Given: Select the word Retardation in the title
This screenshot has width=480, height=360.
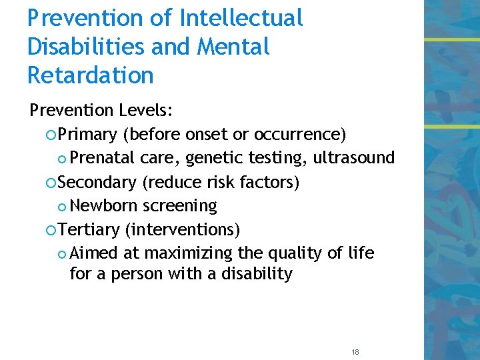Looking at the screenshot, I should tap(91, 75).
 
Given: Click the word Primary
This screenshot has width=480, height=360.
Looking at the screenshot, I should tap(87, 135).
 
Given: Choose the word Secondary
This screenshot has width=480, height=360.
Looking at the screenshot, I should tap(97, 182).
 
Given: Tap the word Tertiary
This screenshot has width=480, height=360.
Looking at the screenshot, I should tap(89, 230).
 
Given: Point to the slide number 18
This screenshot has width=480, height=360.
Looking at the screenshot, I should tap(355, 351).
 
